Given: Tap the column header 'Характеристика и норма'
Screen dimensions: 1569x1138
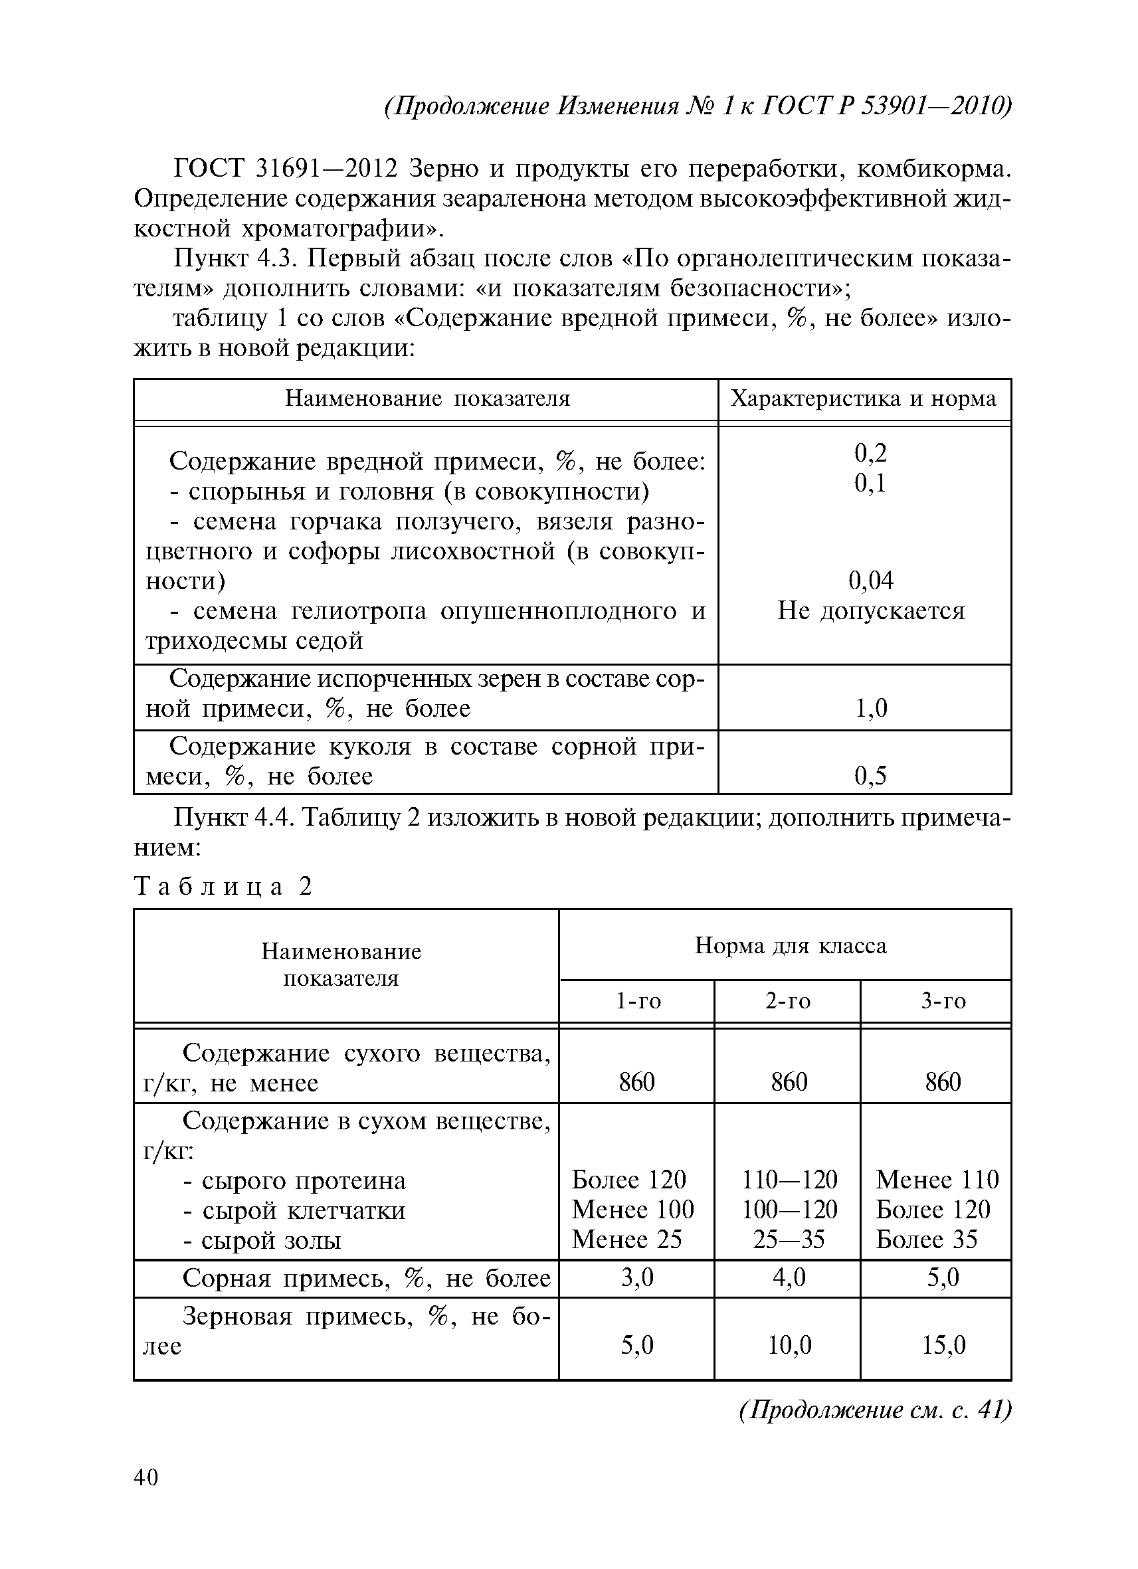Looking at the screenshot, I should tap(864, 399).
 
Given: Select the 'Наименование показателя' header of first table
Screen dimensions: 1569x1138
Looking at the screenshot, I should tap(427, 399).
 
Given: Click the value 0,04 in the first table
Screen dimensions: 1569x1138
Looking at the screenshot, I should tap(870, 581).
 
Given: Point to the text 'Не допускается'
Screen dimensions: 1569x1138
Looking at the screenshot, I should tap(870, 611).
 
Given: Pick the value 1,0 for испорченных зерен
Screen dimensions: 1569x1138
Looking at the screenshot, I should tap(870, 708).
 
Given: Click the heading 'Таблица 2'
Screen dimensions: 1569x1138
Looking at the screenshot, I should tap(223, 886).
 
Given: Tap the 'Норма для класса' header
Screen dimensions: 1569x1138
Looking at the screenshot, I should tap(790, 946).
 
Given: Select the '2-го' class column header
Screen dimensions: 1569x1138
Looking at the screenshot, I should tap(787, 1001).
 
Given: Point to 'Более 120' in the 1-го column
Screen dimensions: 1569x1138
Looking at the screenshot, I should tap(628, 1180).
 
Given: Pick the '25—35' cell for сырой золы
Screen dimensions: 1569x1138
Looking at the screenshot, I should tap(789, 1239).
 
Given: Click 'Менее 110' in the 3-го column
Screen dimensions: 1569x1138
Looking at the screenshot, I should tap(937, 1180).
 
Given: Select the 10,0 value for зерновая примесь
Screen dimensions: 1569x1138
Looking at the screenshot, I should tap(789, 1345).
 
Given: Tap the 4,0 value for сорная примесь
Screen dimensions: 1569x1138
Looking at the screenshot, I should tap(789, 1277).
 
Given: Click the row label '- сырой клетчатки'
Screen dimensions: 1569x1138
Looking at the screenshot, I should tap(294, 1210).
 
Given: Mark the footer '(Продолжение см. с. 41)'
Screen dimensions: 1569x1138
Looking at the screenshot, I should tap(875, 1409).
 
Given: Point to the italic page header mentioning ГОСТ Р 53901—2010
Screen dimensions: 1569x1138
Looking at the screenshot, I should tap(698, 106).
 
